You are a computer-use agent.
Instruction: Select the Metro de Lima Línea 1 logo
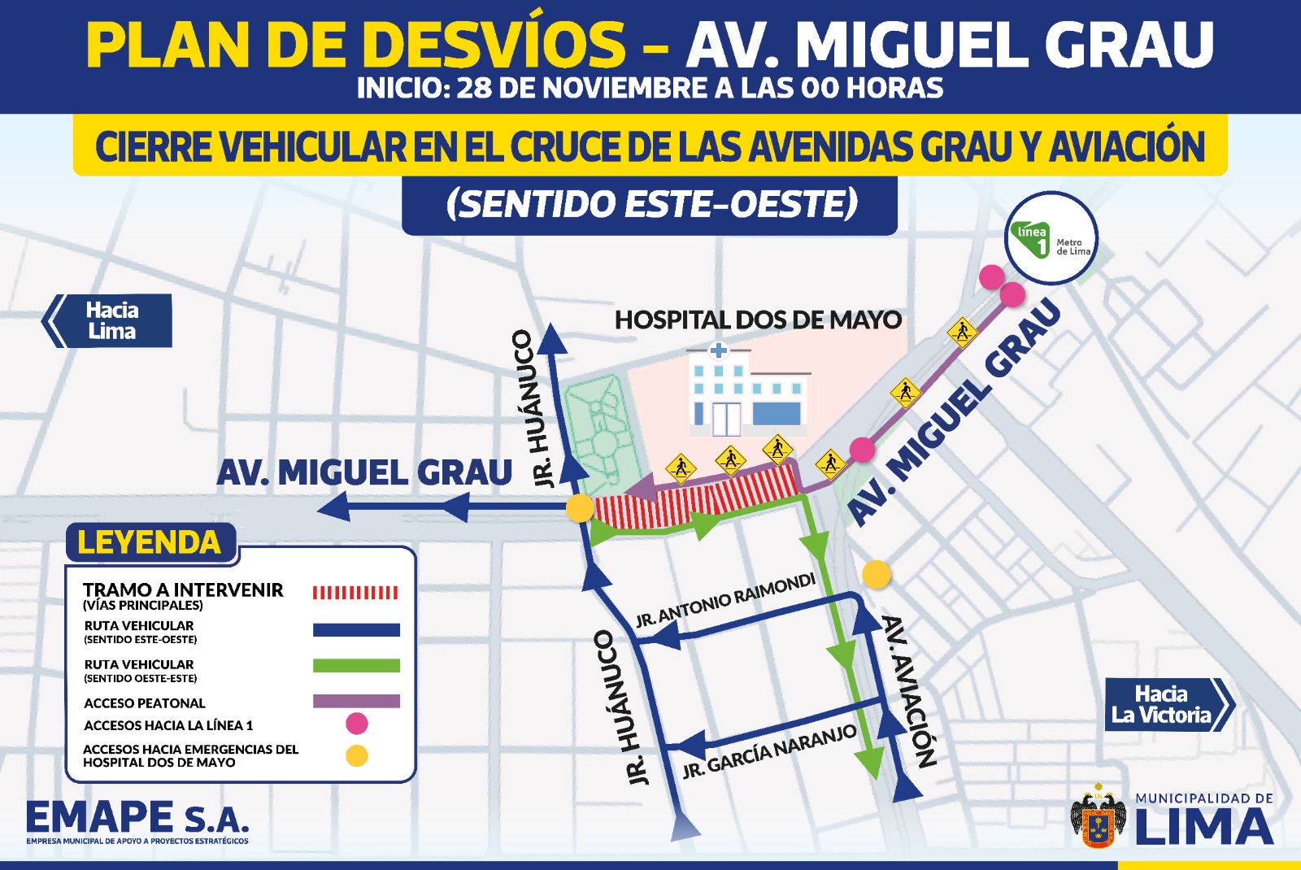(x=1051, y=238)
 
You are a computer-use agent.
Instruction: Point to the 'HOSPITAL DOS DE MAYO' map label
(x=758, y=320)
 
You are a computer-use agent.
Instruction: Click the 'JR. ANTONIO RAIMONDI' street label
(x=725, y=601)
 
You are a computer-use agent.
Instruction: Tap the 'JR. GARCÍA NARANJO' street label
(x=769, y=750)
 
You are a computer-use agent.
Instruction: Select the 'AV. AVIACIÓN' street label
(x=910, y=691)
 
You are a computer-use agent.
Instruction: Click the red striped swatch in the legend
(x=355, y=593)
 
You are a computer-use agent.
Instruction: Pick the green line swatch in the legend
(x=355, y=666)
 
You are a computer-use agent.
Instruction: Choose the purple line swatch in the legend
(x=355, y=702)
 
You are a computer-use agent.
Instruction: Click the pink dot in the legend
(x=356, y=723)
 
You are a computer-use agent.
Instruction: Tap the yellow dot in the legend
(x=356, y=756)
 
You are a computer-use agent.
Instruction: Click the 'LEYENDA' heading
(x=150, y=542)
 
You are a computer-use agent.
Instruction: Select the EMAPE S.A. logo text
(x=137, y=818)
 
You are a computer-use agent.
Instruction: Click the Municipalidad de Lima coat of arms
(x=1099, y=817)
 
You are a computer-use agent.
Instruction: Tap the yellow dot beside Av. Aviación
(x=876, y=575)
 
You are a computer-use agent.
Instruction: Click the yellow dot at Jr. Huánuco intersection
(x=580, y=508)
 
